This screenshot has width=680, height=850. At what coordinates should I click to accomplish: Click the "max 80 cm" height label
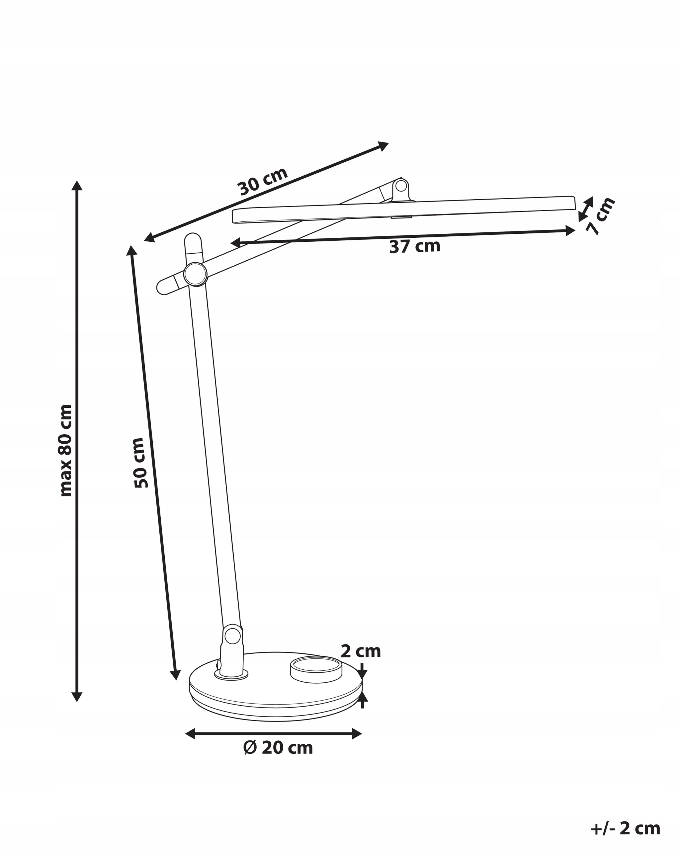pyautogui.click(x=66, y=450)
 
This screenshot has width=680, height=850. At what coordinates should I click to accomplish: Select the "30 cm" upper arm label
pyautogui.click(x=263, y=181)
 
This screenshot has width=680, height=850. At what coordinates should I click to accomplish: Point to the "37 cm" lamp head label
pyautogui.click(x=414, y=246)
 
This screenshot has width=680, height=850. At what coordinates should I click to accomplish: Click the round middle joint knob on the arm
pyautogui.click(x=195, y=274)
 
